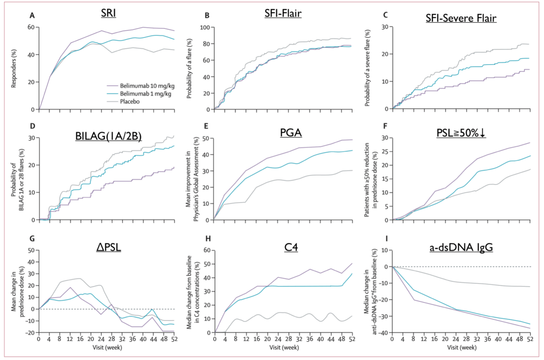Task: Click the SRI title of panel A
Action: coord(110,14)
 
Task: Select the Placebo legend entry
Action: coord(126,102)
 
